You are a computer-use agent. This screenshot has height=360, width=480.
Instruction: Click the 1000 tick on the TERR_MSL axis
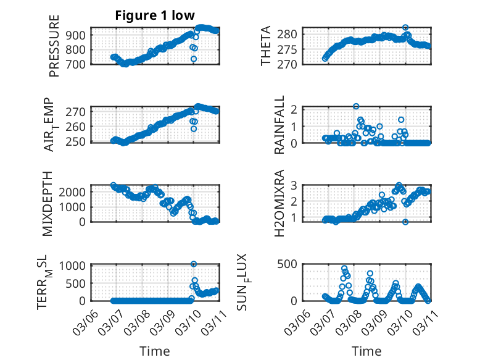[78, 265]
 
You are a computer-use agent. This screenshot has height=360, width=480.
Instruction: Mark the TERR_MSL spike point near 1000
[194, 264]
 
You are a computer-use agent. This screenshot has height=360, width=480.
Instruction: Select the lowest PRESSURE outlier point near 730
[193, 59]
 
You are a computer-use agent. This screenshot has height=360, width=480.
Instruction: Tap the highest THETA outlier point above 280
[405, 28]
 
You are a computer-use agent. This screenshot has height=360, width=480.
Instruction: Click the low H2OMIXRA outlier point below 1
[405, 222]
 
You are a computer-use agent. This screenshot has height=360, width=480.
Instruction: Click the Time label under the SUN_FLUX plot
[366, 351]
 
